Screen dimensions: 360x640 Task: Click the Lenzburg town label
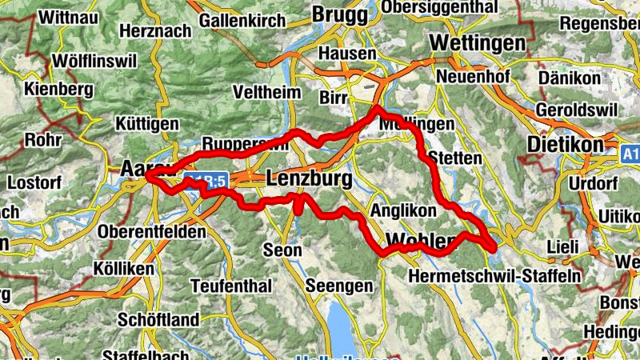(x=308, y=179)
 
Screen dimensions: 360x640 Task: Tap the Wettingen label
(x=478, y=42)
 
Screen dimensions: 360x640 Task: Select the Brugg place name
(x=340, y=14)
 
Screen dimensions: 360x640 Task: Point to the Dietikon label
(x=566, y=146)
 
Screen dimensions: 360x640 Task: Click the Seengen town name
(x=339, y=286)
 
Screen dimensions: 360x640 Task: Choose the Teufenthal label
(x=231, y=286)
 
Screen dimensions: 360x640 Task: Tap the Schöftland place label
(x=158, y=320)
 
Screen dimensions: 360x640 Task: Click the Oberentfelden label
(x=151, y=231)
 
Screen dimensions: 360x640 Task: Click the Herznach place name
(x=155, y=31)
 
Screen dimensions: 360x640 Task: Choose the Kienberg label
(x=59, y=90)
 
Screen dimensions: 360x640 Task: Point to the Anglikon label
(x=403, y=210)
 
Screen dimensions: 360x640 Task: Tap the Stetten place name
(x=455, y=158)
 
